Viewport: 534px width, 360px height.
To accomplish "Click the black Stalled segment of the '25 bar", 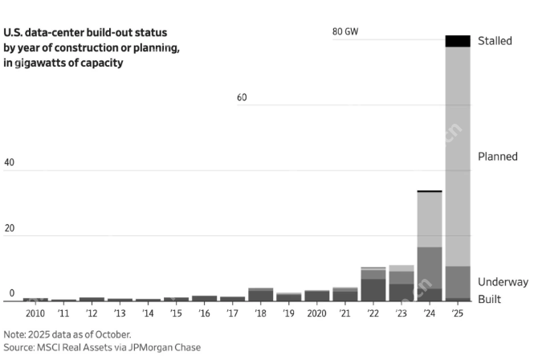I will click(458, 41).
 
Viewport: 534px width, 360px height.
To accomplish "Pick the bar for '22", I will click(373, 284).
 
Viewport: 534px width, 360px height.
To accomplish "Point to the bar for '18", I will click(261, 294).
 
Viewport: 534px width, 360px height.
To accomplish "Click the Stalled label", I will click(495, 40).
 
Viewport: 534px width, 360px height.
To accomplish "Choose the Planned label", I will click(498, 157).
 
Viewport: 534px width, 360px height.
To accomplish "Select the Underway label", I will click(503, 282).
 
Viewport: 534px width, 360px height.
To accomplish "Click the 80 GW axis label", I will click(344, 32).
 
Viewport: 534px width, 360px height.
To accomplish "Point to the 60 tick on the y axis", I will click(242, 98).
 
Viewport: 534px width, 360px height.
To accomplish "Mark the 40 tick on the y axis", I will click(9, 163).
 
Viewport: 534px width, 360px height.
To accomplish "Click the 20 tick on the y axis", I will click(9, 228).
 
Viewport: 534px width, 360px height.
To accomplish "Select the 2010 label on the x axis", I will click(35, 313).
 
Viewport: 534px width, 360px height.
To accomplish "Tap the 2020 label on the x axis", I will click(316, 313).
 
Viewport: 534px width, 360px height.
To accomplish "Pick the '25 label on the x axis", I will click(458, 313).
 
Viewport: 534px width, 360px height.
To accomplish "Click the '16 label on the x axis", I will click(204, 313).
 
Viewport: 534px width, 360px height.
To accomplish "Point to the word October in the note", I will click(114, 333).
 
